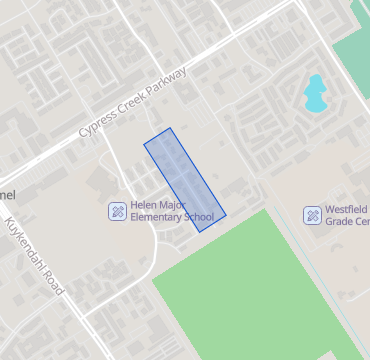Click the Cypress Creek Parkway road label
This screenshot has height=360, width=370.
(x=132, y=103)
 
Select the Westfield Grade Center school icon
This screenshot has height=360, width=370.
(x=313, y=215)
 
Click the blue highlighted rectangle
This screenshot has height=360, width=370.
(x=185, y=179)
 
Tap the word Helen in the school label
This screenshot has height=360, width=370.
(x=146, y=205)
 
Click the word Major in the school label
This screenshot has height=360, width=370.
(x=178, y=205)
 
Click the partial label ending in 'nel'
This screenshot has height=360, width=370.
(x=8, y=192)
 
